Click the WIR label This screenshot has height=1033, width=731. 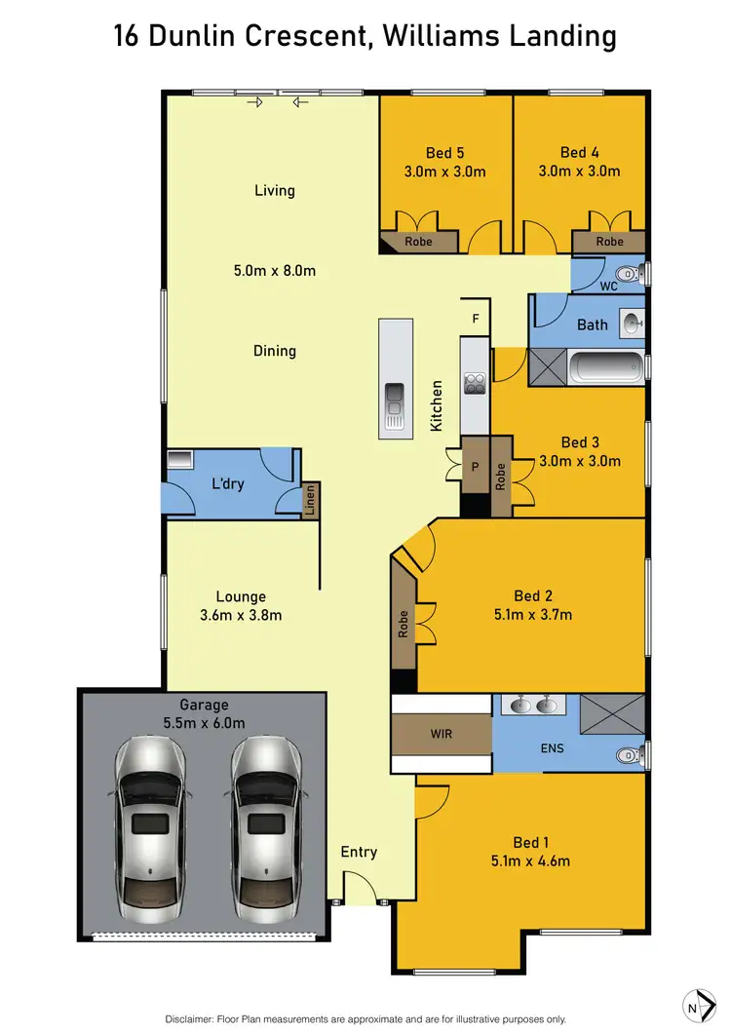coord(441,733)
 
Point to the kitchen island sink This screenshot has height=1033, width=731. coord(394,401)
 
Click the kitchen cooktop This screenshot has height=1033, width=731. coord(475,384)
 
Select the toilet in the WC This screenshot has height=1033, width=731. coord(631,274)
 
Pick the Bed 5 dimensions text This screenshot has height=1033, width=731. coord(444,172)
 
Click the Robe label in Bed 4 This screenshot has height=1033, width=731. coord(609,242)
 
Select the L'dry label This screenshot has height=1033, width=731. coord(228,483)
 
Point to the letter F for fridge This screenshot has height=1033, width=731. coord(475,318)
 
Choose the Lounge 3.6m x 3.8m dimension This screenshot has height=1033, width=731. coord(241,615)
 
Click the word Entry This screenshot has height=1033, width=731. coord(359,852)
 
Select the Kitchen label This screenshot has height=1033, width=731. coord(438,406)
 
